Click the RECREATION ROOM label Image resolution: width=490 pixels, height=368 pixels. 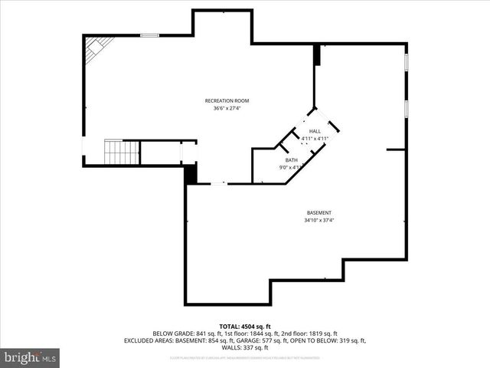(227, 100)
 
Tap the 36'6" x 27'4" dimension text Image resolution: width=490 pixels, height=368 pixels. (227, 108)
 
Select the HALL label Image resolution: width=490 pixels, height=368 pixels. (315, 132)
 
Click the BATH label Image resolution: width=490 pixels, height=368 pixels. (292, 159)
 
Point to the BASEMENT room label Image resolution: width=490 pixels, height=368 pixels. (319, 212)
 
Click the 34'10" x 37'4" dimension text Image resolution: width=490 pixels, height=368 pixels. (319, 221)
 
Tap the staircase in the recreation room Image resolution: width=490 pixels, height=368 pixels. (120, 153)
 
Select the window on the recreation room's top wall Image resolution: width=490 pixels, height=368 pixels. (150, 34)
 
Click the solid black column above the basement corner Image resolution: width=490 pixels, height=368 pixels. (191, 173)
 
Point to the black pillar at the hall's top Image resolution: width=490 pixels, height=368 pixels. (316, 55)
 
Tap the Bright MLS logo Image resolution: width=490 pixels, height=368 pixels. (30, 356)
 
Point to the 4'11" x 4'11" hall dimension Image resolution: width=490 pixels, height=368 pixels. (315, 139)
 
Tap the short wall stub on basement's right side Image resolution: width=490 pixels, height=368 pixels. (396, 150)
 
